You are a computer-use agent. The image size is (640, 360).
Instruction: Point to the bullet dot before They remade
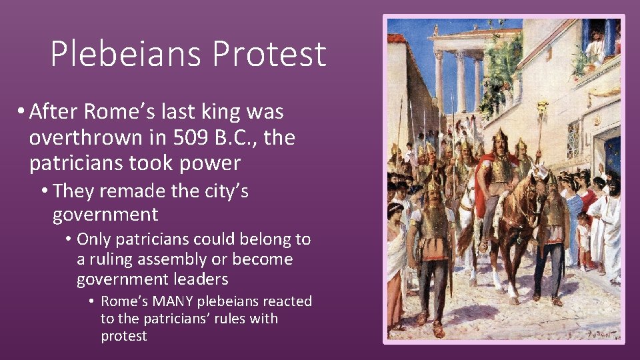[x=44, y=192]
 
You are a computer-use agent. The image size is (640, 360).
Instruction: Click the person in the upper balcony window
[x=594, y=43]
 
